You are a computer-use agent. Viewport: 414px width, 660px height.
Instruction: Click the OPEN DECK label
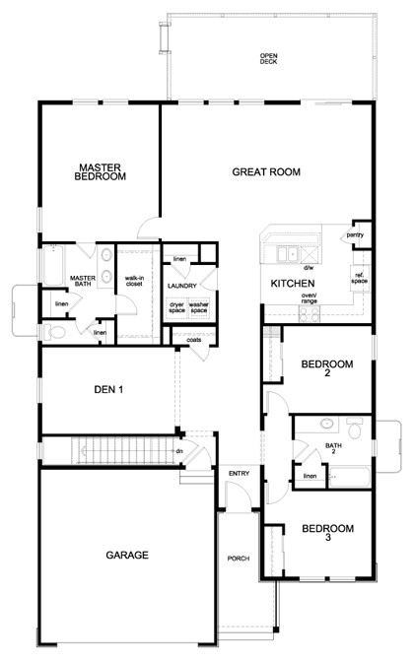pyautogui.click(x=268, y=58)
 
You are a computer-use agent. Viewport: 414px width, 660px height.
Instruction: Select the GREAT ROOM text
pyautogui.click(x=265, y=171)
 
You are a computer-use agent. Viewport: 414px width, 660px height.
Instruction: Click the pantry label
pyautogui.click(x=355, y=235)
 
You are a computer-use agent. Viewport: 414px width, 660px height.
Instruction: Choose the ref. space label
pyautogui.click(x=360, y=278)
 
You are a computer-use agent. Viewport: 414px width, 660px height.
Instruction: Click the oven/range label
pyautogui.click(x=309, y=298)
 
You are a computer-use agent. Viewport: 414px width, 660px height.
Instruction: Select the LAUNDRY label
pyautogui.click(x=182, y=286)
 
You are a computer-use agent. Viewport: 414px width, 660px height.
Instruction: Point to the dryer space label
pyautogui.click(x=176, y=308)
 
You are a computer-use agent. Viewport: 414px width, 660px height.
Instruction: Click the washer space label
pyautogui.click(x=199, y=308)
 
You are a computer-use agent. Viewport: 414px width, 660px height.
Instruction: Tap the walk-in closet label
pyautogui.click(x=135, y=283)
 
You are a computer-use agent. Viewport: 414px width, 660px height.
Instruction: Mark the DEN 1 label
pyautogui.click(x=107, y=389)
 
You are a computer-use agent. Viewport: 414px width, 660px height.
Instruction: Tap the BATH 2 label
pyautogui.click(x=334, y=448)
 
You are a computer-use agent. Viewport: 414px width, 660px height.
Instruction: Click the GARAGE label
pyautogui.click(x=126, y=555)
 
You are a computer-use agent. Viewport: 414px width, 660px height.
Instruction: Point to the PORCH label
pyautogui.click(x=239, y=559)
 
